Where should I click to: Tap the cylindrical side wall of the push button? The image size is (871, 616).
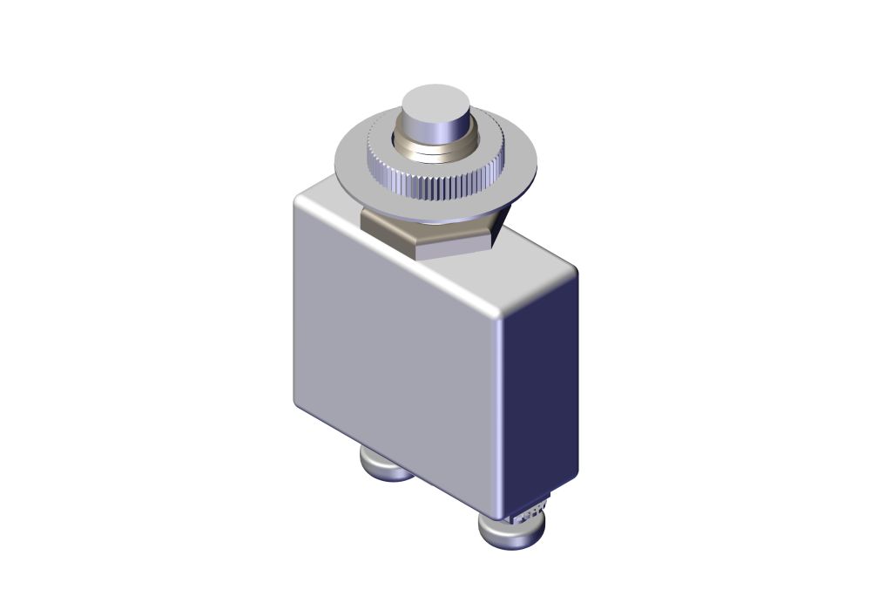[435, 131]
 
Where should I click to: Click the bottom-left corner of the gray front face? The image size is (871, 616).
[300, 405]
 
